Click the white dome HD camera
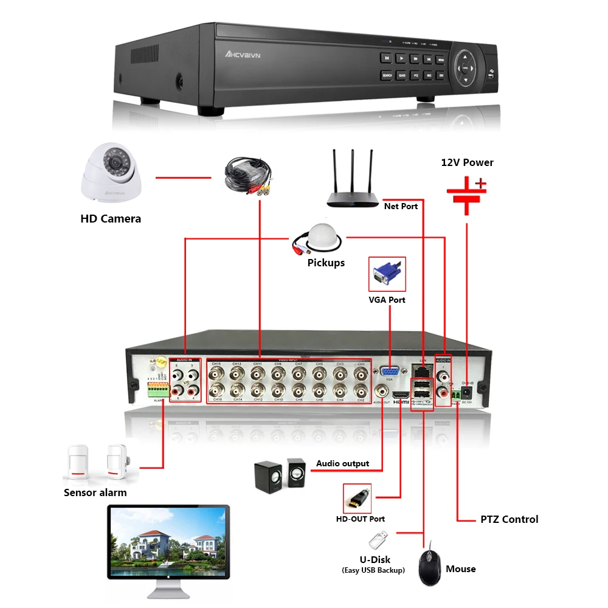click(112, 174)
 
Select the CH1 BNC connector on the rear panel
click(361, 373)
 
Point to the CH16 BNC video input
click(216, 390)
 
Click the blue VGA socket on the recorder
click(389, 371)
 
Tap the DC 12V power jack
click(468, 392)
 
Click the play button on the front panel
click(401, 58)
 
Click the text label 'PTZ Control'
click(509, 519)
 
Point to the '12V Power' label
click(467, 162)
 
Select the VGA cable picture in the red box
click(387, 274)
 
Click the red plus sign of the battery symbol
click(481, 182)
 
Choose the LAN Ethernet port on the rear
click(421, 369)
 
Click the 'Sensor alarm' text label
click(95, 492)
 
